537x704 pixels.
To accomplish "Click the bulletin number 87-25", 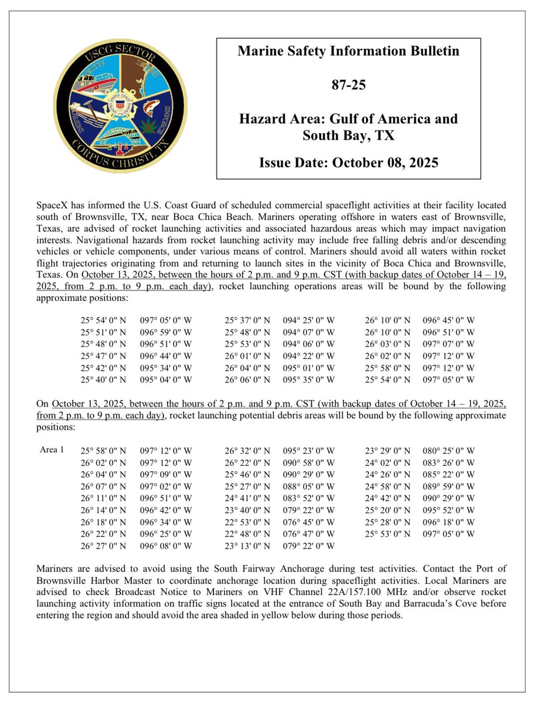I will pyautogui.click(x=348, y=85).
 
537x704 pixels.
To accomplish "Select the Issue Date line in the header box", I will pyautogui.click(x=348, y=162).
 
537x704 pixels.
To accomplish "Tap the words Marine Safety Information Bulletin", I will pyautogui.click(x=348, y=51).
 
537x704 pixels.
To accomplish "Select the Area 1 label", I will pyautogui.click(x=51, y=450).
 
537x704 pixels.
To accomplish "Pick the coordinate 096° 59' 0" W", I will pyautogui.click(x=166, y=332).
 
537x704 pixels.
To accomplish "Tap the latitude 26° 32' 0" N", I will pyautogui.click(x=248, y=451).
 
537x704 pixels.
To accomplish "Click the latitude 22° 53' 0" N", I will pyautogui.click(x=248, y=522).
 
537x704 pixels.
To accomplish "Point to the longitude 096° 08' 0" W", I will pyautogui.click(x=166, y=546).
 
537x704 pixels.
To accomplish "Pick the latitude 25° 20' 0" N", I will pyautogui.click(x=388, y=510).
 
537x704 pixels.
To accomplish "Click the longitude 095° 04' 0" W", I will pyautogui.click(x=166, y=379).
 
